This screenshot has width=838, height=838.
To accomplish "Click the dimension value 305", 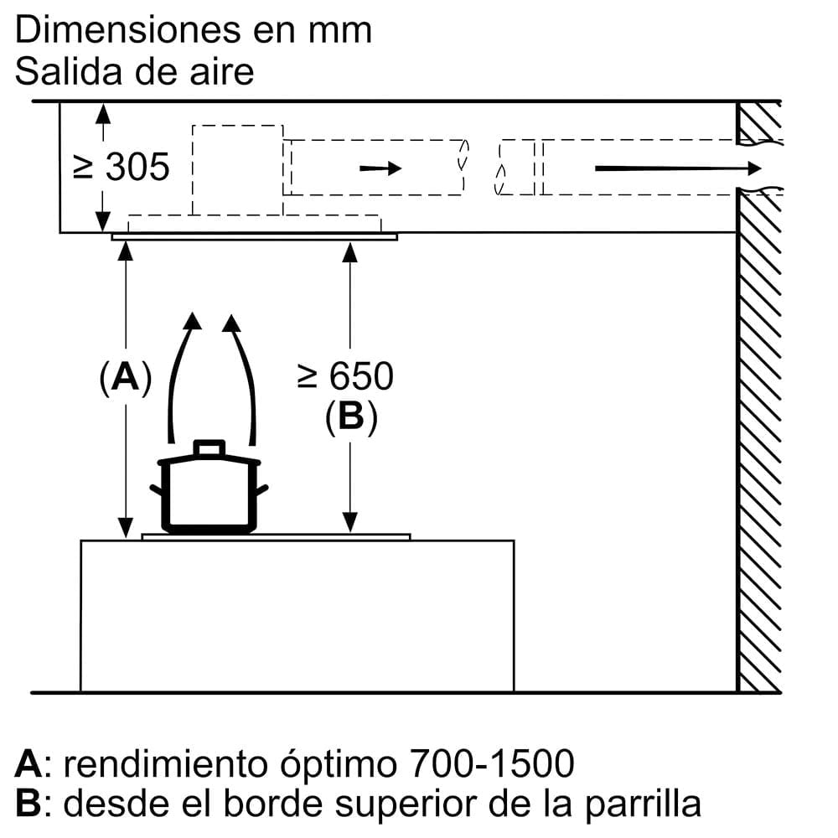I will [137, 168].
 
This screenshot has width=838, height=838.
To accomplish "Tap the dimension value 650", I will [360, 377].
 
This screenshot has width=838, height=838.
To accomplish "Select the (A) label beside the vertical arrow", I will [125, 379].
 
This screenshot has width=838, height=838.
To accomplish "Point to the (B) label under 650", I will [351, 416].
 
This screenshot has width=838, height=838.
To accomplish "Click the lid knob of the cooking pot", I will [209, 448].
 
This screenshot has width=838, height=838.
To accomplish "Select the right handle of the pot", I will [261, 490].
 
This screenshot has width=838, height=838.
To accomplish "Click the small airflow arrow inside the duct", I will [380, 168].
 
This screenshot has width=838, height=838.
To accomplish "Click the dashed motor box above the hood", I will [237, 170].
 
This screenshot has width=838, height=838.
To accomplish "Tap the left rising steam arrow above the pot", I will [182, 377].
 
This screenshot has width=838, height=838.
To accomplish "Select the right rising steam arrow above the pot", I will [242, 377].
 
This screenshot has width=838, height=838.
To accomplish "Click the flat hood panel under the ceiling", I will [254, 237].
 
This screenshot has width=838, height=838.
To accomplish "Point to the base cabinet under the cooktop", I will [297, 616].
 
